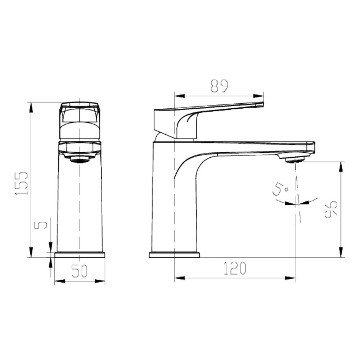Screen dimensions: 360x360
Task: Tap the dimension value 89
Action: coord(219,86)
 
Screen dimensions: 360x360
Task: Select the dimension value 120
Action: coord(235,269)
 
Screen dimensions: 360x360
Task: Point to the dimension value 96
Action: coord(330,209)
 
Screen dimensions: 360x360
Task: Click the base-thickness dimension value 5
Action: coord(42,225)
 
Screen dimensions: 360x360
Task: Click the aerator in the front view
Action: coord(80,159)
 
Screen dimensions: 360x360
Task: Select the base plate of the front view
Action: coord(80,255)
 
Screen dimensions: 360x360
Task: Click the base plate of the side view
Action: coord(174,255)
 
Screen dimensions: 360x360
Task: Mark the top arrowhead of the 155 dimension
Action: coord(31,107)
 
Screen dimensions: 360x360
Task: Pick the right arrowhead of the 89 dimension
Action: coord(260,96)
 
